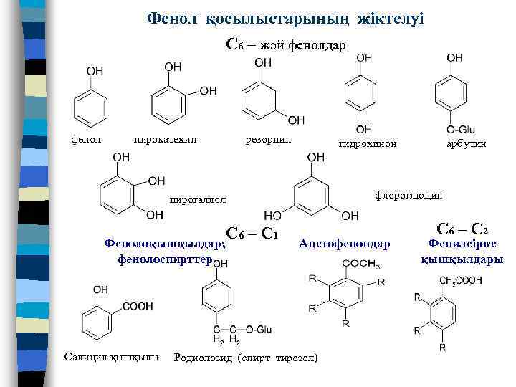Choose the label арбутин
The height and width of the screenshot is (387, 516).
467,144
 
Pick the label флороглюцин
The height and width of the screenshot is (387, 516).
408,194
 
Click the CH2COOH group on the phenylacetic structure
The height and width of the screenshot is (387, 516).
461,280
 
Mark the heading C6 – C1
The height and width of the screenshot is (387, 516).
252,233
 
